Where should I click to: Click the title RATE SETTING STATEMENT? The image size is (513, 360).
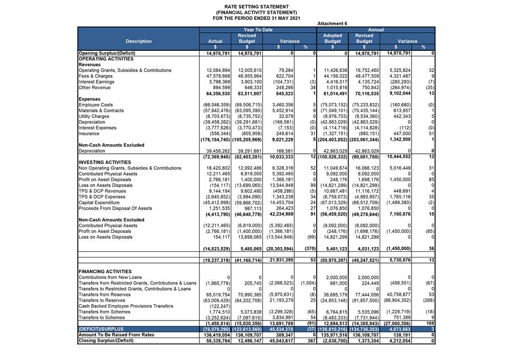click(x=256, y=7)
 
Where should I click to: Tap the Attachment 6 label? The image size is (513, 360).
click(x=332, y=24)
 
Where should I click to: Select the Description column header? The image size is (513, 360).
click(x=138, y=41)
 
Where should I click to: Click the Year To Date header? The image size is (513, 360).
click(x=258, y=30)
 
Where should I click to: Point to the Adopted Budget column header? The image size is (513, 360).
click(x=332, y=38)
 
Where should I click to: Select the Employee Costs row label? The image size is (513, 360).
click(x=95, y=105)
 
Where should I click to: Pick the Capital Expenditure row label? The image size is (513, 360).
click(x=98, y=203)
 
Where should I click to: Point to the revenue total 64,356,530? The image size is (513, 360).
click(x=218, y=94)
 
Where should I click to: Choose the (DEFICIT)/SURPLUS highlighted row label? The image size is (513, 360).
click(x=100, y=329)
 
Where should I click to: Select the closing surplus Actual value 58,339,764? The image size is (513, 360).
click(x=218, y=341)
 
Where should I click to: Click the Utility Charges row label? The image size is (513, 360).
click(x=94, y=116)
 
